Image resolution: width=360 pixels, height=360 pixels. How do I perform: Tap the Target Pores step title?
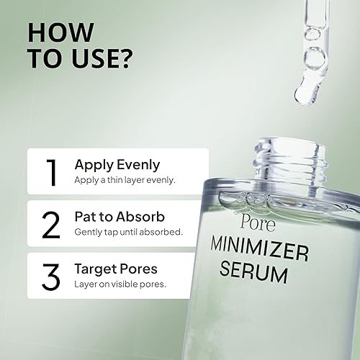pos(116,268)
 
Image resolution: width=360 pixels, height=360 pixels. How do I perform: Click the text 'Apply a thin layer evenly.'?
pos(124,179)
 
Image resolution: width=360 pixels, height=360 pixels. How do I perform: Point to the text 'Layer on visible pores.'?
pos(120,283)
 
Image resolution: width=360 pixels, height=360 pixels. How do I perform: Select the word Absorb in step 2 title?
pos(146,216)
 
